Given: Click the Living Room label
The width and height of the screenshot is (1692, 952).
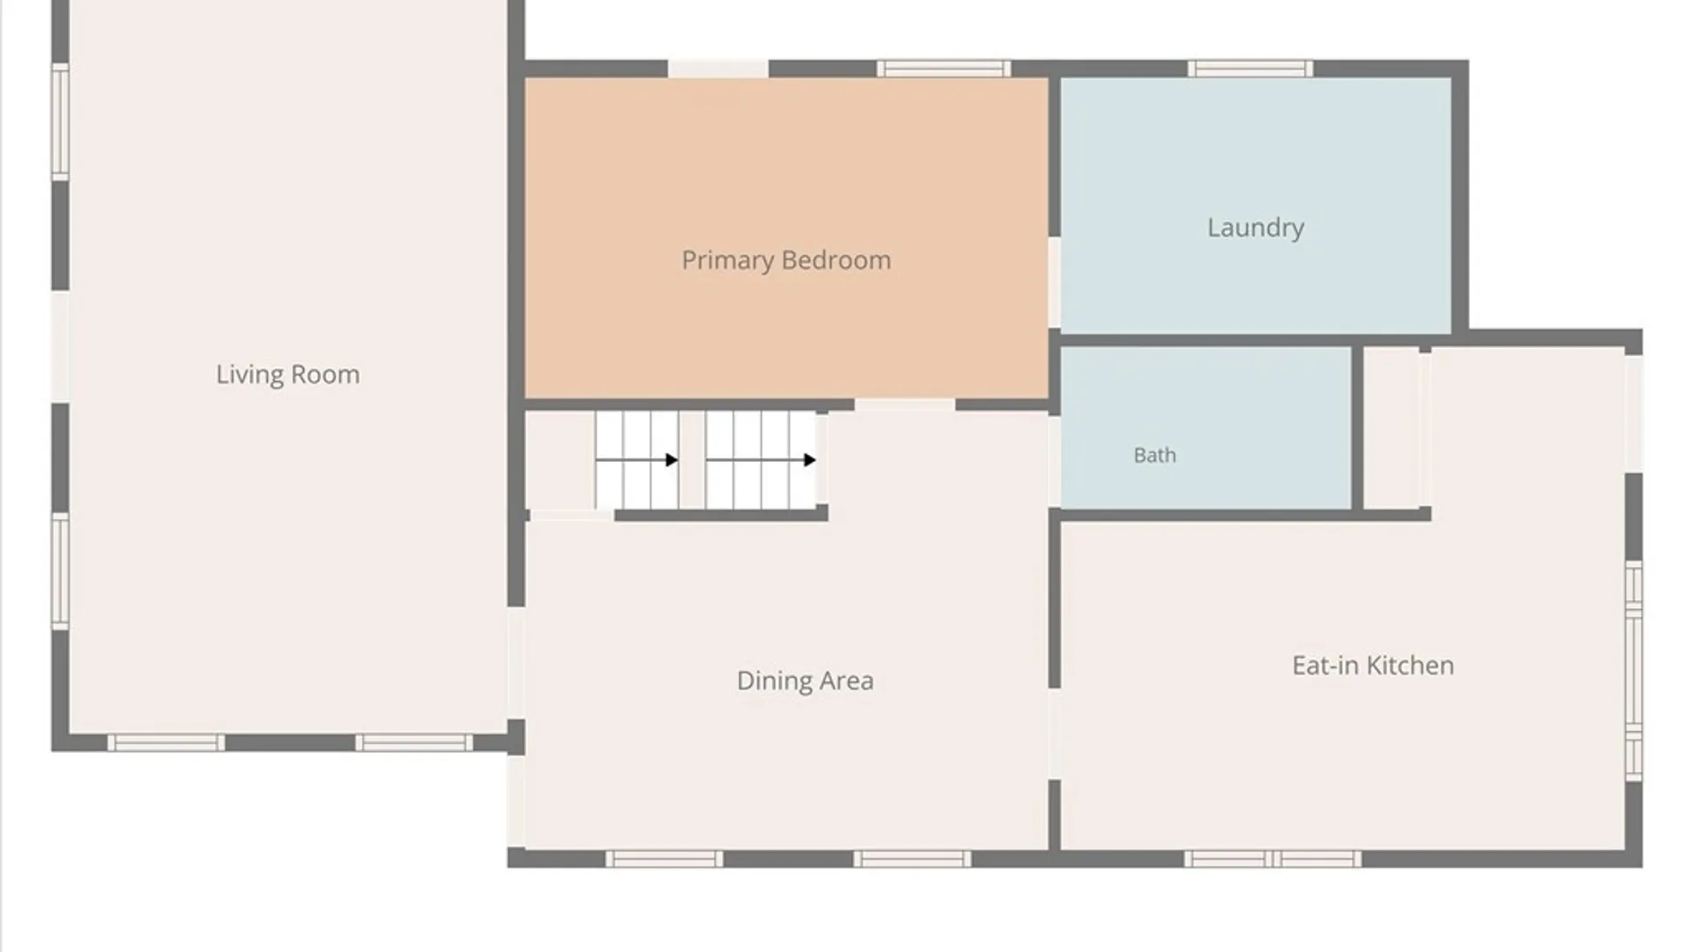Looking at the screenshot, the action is pos(288,375).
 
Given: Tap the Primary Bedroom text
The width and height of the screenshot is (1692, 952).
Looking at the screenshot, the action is pos(786,261).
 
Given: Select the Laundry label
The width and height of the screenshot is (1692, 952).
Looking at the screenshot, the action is pos(1256,228).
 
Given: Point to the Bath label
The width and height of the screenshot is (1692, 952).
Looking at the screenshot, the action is pos(1154,456).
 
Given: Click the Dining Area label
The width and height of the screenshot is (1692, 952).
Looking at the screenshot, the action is pos(805,681).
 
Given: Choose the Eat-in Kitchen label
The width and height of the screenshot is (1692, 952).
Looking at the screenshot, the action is pos(1373,666).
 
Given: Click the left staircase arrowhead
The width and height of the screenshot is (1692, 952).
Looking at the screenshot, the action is pos(672,460).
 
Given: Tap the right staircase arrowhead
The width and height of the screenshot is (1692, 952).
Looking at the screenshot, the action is pos(810,460).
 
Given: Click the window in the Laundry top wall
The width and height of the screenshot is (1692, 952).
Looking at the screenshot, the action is pos(1250,69).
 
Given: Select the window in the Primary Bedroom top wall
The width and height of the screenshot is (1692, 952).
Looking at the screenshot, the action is pos(944,69).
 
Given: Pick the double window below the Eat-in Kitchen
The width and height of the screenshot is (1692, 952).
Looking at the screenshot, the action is pos(1273,859).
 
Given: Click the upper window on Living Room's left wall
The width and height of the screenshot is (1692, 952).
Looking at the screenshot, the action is pos(60,122).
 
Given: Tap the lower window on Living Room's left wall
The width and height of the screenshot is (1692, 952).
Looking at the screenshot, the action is pos(60,571).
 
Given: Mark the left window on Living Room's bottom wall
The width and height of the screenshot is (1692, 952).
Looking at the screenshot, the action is pos(166,743).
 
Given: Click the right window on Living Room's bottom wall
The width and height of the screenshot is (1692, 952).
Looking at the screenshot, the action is pos(414,743).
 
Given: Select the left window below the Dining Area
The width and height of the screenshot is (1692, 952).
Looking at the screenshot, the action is pos(664,859).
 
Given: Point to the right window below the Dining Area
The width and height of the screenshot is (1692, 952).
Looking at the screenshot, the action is pos(912,859).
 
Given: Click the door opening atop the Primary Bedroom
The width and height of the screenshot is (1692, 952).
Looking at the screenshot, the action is pos(718,69).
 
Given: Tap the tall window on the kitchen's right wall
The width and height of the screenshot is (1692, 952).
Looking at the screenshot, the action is pos(1634,671).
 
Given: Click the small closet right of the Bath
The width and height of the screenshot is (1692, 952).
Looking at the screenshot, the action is pos(1391,428).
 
